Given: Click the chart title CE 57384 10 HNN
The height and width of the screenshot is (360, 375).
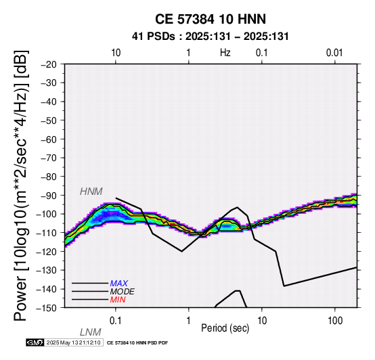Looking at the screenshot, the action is coord(211,19).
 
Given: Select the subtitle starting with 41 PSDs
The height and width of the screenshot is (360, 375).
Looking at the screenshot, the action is coord(211,37).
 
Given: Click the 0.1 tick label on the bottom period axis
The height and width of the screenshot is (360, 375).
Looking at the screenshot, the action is coord(116,321).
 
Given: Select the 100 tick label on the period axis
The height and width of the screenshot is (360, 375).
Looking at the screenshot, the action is coord(335,321).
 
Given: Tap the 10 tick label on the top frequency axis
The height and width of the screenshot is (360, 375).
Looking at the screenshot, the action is coord(116,53).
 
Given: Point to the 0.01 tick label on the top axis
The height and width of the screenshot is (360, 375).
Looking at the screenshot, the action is coord(334,53).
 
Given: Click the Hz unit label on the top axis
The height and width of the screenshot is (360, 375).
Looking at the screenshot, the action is coord(225,53).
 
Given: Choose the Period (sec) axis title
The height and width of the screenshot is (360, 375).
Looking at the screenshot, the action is coord(225,328).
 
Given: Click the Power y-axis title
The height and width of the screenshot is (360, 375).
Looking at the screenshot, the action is coord(21,185).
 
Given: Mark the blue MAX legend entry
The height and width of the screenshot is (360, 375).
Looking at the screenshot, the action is coord(119,284).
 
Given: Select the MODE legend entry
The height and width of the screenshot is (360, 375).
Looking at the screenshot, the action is coord(123,292).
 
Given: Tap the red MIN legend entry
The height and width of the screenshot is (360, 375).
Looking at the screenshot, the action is coord(118,300).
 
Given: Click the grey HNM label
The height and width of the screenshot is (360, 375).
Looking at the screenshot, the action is coord(91,192).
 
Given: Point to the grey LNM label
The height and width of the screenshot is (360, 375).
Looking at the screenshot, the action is coord(91,332).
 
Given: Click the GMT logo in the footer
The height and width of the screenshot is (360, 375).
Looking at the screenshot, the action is coord(35,342).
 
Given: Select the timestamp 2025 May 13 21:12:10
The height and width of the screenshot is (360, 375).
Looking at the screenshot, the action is coord(73,342).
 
